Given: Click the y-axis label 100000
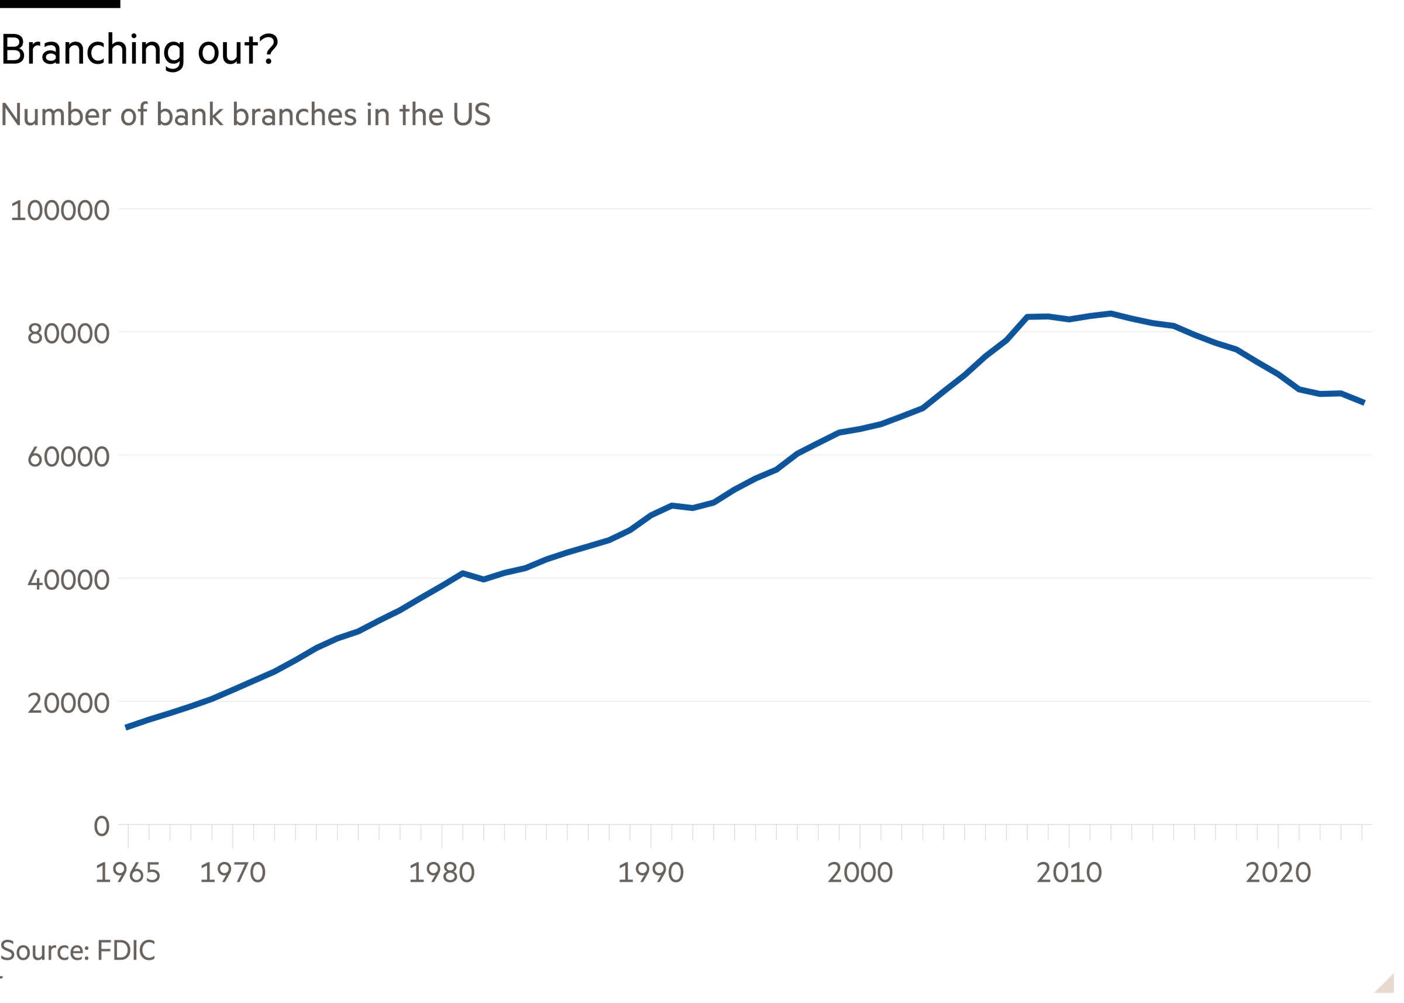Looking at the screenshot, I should click(60, 211).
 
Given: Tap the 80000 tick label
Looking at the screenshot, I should click(68, 334).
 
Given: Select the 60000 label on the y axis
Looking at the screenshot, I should click(68, 457).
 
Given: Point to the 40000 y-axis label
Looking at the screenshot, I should click(68, 580).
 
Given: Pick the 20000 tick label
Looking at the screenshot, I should click(68, 703).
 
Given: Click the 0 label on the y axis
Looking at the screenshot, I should click(101, 825).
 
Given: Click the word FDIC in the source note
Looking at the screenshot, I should click(125, 950).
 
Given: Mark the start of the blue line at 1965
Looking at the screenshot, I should click(126, 727).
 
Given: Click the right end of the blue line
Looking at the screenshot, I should click(1364, 403).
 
